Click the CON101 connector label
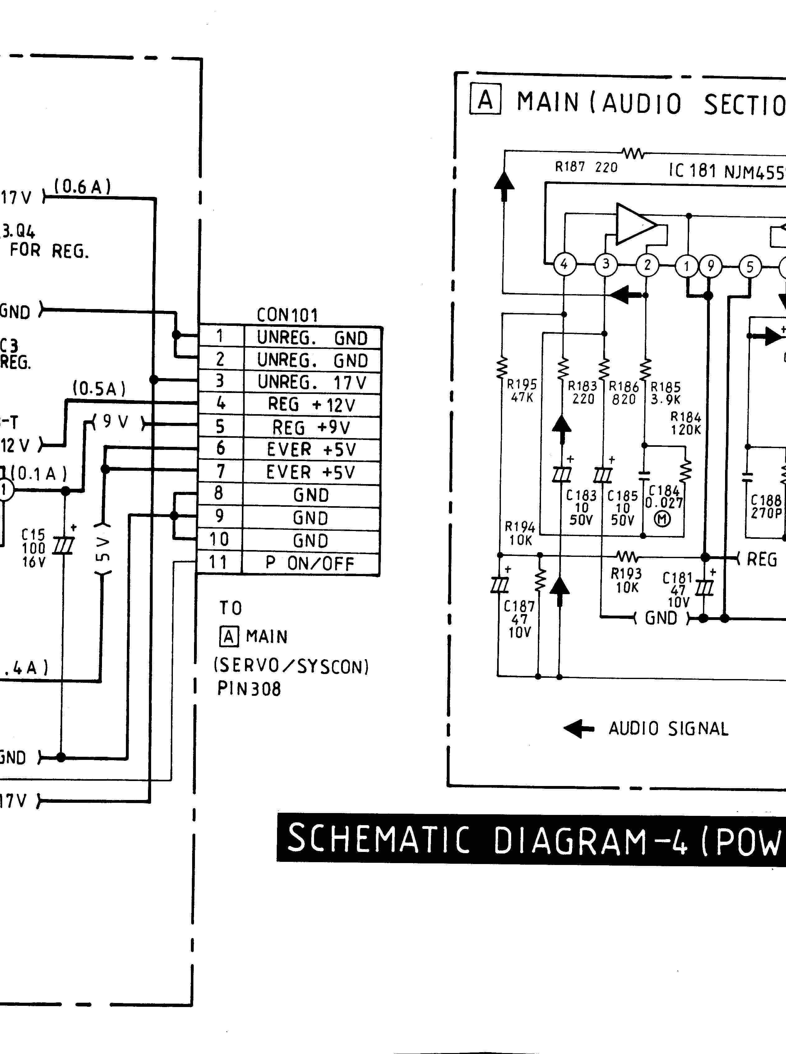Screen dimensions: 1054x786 point(287,315)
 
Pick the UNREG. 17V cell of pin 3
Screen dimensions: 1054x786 point(312,382)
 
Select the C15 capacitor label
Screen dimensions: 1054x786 point(33,535)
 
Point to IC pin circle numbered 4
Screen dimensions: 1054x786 point(564,264)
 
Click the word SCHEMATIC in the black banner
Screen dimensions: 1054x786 point(378,839)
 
